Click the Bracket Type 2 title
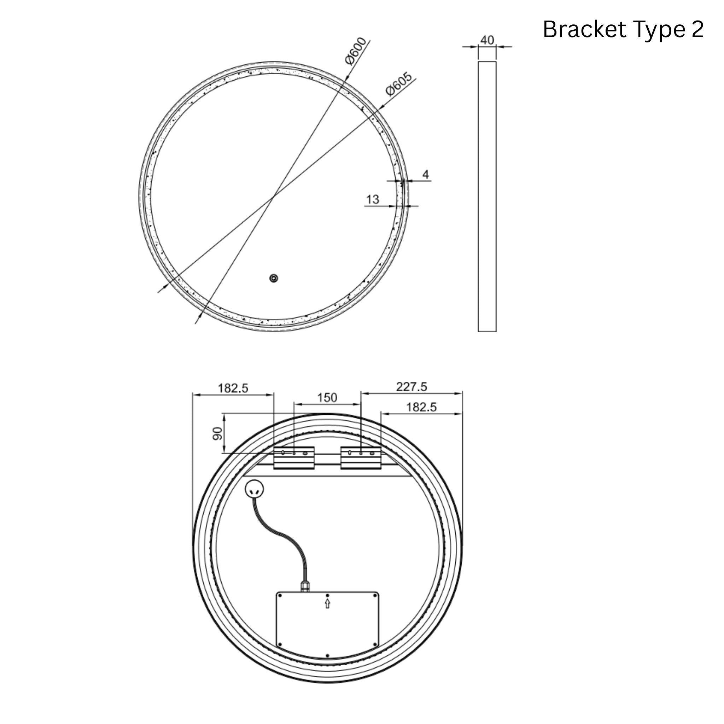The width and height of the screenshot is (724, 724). tap(623, 30)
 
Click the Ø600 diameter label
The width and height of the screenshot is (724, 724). tap(355, 51)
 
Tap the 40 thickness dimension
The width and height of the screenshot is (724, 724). tap(487, 40)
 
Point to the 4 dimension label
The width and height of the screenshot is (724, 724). tap(425, 174)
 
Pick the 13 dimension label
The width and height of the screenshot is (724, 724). tap(373, 199)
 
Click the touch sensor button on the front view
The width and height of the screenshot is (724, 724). tap(274, 278)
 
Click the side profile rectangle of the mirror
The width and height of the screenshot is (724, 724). tap(487, 196)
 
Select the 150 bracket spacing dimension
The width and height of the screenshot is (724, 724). tap(327, 398)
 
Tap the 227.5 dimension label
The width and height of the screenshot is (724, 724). tap(411, 387)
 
